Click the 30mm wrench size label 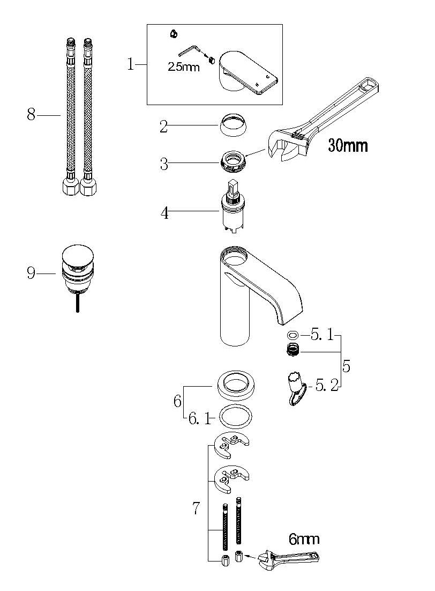(x=347, y=145)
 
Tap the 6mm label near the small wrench (x=304, y=540)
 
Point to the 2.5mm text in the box (x=183, y=67)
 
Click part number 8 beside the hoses (x=31, y=114)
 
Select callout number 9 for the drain (x=31, y=272)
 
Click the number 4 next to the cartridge (x=164, y=213)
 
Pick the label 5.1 (x=322, y=335)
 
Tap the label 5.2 (x=327, y=386)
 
